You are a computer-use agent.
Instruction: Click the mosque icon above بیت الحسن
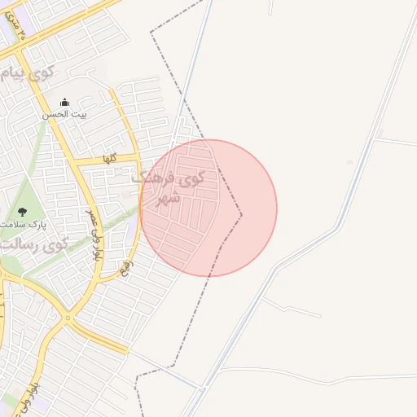[64, 103]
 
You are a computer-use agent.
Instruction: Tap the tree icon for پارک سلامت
[21, 211]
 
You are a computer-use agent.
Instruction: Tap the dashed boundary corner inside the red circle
[242, 215]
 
